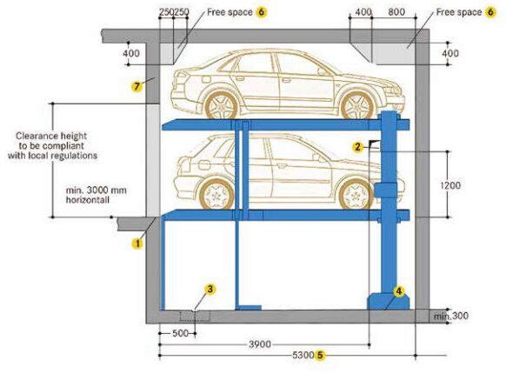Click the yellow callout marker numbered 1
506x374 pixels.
click(x=136, y=244)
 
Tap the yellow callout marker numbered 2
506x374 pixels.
click(x=357, y=147)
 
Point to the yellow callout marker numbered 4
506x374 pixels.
click(x=399, y=291)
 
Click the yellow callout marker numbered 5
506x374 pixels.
click(x=320, y=355)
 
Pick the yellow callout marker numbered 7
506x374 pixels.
click(x=136, y=86)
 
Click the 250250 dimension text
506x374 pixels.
click(x=175, y=14)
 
